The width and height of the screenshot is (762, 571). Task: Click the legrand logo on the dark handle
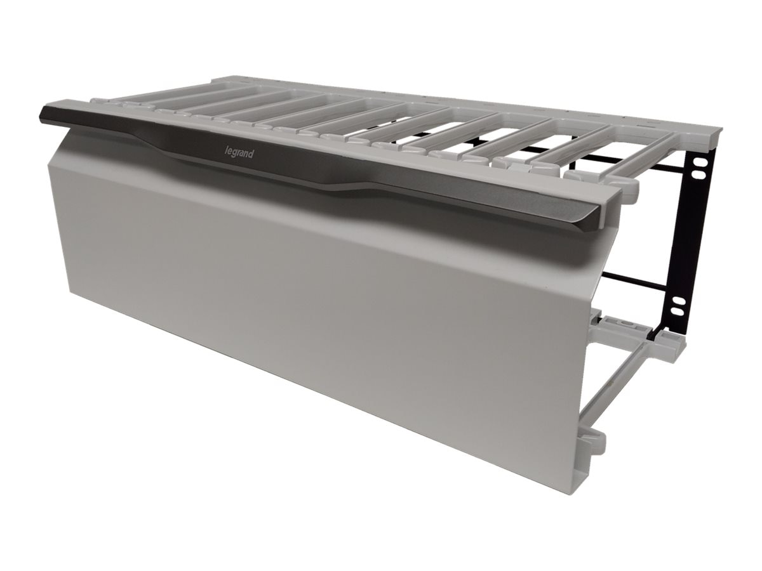tap(239, 154)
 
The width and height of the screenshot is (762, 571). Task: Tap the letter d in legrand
tap(251, 155)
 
